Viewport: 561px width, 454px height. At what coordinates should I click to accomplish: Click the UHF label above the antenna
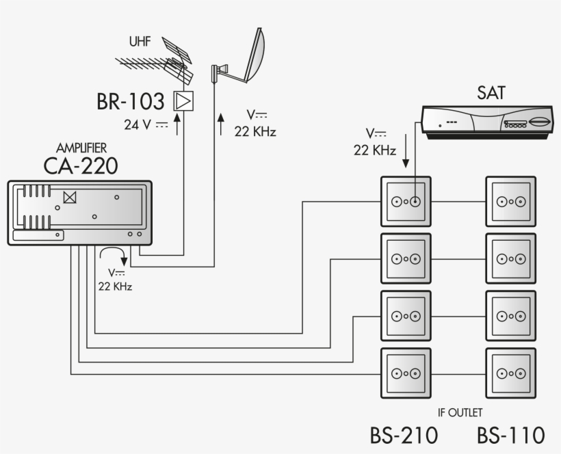pyautogui.click(x=140, y=42)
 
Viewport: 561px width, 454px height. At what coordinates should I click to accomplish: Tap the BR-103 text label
pyautogui.click(x=131, y=102)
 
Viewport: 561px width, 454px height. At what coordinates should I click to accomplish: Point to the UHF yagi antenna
pyautogui.click(x=157, y=64)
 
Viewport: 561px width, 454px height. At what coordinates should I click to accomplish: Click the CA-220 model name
pyautogui.click(x=81, y=165)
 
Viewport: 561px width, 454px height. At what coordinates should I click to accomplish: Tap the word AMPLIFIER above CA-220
pyautogui.click(x=81, y=148)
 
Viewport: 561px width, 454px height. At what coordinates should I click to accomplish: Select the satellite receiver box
pyautogui.click(x=487, y=122)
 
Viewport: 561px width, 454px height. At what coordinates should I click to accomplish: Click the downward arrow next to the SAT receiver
pyautogui.click(x=406, y=151)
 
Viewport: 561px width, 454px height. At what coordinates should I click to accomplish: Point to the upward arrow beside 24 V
pyautogui.click(x=177, y=124)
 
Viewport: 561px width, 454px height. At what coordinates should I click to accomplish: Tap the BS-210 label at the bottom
pyautogui.click(x=404, y=436)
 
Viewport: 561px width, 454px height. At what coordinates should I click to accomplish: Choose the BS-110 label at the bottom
pyautogui.click(x=510, y=436)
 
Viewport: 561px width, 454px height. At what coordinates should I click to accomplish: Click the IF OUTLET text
pyautogui.click(x=460, y=412)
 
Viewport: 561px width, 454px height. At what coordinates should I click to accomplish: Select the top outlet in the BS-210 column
pyautogui.click(x=406, y=202)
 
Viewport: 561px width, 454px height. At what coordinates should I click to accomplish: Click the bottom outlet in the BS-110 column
pyautogui.click(x=510, y=373)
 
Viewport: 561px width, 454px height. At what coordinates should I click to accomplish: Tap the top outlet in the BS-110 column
pyautogui.click(x=510, y=202)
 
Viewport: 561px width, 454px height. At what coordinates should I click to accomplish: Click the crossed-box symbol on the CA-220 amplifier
pyautogui.click(x=69, y=197)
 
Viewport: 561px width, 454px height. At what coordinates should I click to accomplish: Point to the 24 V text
pyautogui.click(x=146, y=125)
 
